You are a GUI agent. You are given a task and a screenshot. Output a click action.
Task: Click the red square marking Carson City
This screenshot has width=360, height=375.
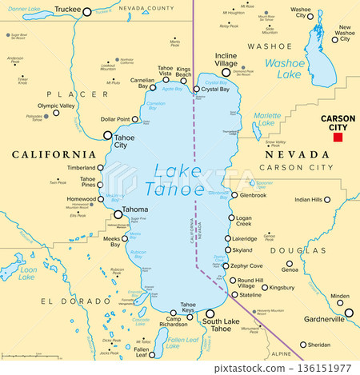tap(338, 137)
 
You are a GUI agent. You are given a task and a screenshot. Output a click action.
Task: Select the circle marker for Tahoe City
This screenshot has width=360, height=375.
tap(107, 135)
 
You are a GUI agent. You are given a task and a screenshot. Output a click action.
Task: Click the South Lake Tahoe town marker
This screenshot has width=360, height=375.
tap(210, 314)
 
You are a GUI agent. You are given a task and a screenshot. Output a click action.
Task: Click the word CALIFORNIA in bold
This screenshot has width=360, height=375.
tap(54, 154)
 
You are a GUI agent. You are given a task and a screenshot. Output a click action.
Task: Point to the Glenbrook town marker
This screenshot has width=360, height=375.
tap(234, 194)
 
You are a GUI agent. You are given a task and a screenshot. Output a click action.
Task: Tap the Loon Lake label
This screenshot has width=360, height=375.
tap(27, 273)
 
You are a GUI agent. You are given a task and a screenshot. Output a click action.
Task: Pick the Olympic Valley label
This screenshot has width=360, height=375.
tap(55, 105)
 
